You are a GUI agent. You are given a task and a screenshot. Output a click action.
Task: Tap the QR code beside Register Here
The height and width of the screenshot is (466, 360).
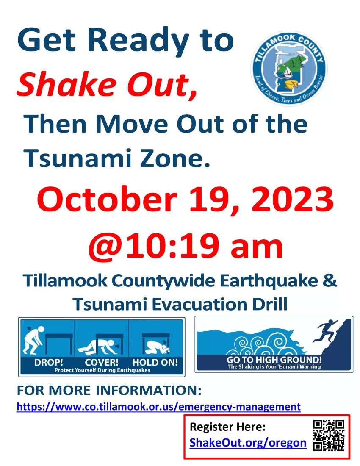pos(329,435)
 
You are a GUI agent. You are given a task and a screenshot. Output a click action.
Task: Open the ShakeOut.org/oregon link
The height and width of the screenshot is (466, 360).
pos(248,443)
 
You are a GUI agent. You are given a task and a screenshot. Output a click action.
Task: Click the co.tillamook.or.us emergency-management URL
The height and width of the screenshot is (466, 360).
pos(159,406)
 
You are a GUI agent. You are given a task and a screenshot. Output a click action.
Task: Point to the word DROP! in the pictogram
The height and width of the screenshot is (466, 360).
pos(49,362)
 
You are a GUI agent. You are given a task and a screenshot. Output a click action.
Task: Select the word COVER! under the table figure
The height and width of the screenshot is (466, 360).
pos(102,362)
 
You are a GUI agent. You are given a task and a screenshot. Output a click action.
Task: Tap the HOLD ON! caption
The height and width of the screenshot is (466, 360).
pos(155,362)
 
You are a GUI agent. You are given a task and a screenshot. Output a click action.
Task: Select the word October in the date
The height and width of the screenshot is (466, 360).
pos(107,199)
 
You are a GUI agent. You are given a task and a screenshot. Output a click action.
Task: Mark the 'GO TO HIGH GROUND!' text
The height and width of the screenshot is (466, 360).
pos(274,360)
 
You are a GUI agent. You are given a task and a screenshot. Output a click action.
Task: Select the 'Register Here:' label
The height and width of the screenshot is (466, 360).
pos(227,427)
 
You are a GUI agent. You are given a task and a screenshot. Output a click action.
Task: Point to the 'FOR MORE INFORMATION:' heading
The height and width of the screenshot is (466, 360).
pos(109,390)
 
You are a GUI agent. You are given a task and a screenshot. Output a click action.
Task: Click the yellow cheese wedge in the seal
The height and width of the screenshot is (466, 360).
pos(291,84)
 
